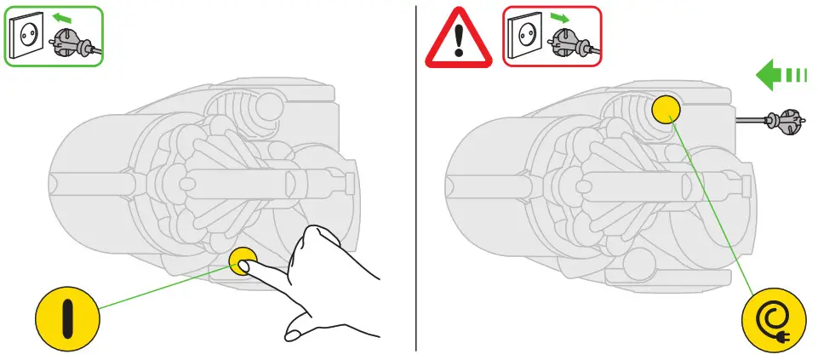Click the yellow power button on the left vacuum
tap(243, 260)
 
